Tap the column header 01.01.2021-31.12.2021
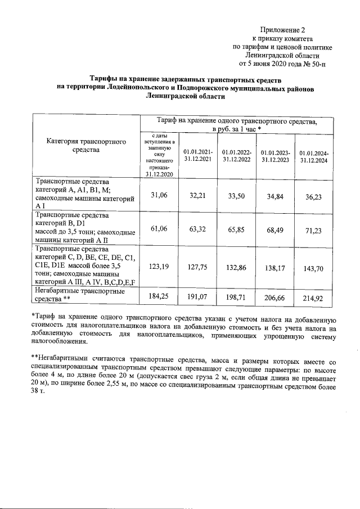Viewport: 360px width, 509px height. pos(198,154)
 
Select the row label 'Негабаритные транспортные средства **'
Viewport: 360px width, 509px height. pos(79,295)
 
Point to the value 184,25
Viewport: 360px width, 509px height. pos(159,295)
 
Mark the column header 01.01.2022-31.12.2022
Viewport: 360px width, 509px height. pos(236,155)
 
